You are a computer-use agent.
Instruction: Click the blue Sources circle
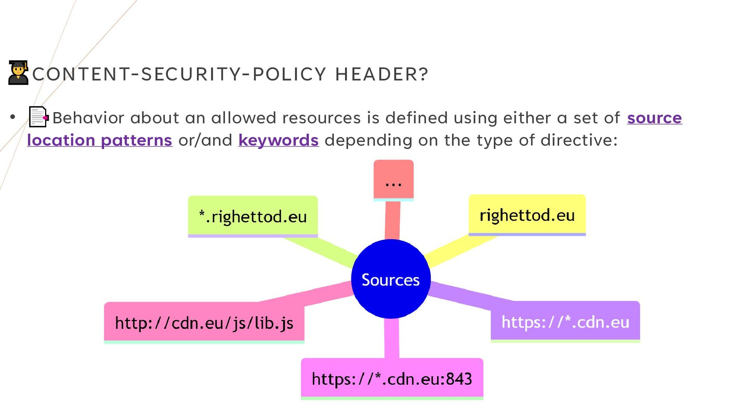coord(391,279)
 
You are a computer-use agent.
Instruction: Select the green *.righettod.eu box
coord(253,216)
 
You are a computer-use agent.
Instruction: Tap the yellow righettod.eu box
coord(527,215)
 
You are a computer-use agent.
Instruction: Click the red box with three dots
coord(394,180)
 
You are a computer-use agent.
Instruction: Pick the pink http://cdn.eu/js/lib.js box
coord(204,322)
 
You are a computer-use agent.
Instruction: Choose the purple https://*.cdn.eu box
coord(565,322)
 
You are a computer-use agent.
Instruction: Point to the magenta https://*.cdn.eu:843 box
coord(392,379)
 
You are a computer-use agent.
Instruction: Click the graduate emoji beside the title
coord(18,73)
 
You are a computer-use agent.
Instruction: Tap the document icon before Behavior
coord(38,117)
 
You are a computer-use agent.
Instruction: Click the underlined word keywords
coord(279,140)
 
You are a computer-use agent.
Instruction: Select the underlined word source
coord(654,118)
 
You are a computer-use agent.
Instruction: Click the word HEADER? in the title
coord(382,74)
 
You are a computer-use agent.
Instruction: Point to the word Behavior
coord(89,118)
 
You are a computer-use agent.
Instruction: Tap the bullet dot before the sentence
coord(13,117)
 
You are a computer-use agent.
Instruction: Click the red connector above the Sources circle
coord(392,220)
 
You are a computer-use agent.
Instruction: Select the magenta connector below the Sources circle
coord(392,338)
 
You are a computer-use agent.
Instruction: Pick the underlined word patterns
coord(136,140)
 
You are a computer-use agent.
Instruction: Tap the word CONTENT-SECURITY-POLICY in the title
coord(179,74)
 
